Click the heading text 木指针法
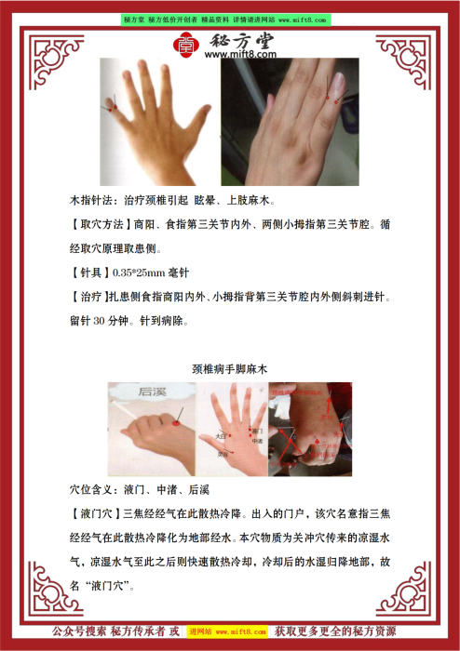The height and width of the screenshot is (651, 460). (94, 201)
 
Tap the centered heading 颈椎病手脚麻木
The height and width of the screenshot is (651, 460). (229, 370)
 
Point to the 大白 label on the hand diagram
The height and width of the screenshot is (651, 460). (221, 434)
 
